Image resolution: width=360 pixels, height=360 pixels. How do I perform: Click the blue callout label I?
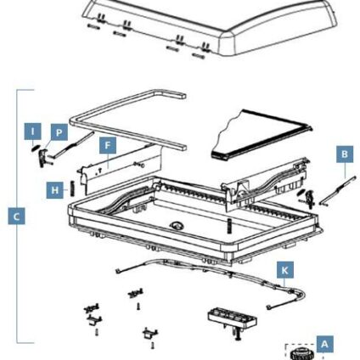point(32,132)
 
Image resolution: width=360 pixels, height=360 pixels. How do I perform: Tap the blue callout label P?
point(59,132)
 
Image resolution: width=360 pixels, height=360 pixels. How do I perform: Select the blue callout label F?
point(108,145)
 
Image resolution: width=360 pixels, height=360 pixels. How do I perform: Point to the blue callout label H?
point(55,190)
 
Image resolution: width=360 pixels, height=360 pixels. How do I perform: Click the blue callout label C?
point(16,217)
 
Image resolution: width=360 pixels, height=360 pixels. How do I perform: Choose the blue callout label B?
point(345,155)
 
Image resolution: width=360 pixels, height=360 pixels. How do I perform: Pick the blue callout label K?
point(285,270)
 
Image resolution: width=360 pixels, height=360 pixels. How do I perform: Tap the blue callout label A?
point(324,344)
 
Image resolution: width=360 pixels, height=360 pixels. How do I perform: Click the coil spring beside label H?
point(71,188)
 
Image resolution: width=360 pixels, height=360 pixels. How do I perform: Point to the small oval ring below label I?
point(35,148)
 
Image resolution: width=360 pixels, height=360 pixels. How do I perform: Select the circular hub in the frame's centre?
point(177,225)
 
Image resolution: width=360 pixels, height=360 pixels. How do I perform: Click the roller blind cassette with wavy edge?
point(262,135)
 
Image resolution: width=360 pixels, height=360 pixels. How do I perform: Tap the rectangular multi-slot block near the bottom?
point(233,318)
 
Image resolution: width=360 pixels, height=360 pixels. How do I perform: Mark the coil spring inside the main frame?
point(229,226)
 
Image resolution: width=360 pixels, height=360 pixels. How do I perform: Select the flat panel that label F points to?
point(121,170)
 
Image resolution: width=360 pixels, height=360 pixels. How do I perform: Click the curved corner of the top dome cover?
point(228,42)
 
